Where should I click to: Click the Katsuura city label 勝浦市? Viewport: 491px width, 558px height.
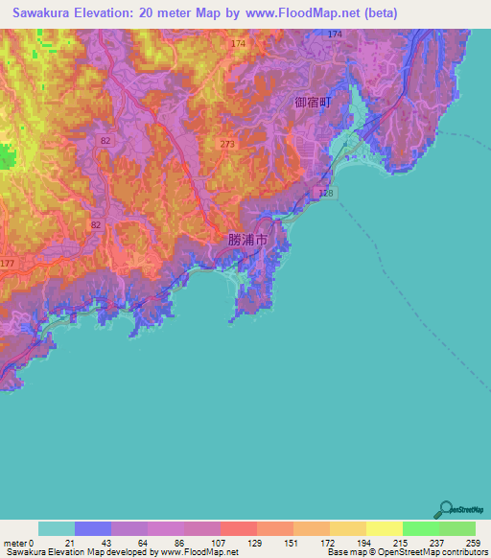(247, 239)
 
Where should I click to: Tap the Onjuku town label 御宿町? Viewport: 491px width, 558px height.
(313, 102)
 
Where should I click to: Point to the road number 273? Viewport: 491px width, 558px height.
(226, 144)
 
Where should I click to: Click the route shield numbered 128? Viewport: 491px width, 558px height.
(326, 194)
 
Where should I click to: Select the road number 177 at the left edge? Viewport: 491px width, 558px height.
(8, 263)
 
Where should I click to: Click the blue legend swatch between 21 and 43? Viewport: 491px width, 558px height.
(93, 528)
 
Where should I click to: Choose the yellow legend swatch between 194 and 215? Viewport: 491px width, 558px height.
(384, 528)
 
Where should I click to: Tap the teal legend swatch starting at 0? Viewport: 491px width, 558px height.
(57, 528)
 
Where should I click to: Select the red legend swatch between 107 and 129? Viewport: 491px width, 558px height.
(238, 528)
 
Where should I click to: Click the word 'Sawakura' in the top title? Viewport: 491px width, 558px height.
(44, 13)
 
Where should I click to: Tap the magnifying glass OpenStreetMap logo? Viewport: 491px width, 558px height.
(444, 510)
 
